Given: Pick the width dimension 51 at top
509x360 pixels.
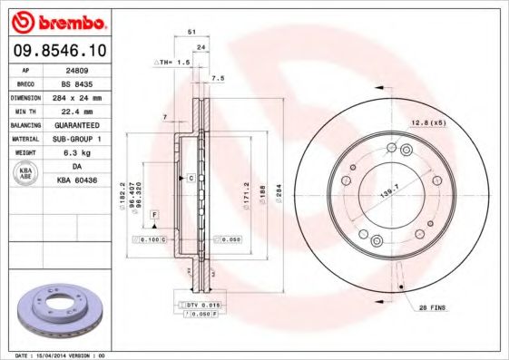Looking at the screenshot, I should (x=191, y=32).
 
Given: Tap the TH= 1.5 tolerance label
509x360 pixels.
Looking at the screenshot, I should (x=172, y=63).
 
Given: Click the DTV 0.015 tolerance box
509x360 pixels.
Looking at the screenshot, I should (x=194, y=306).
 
